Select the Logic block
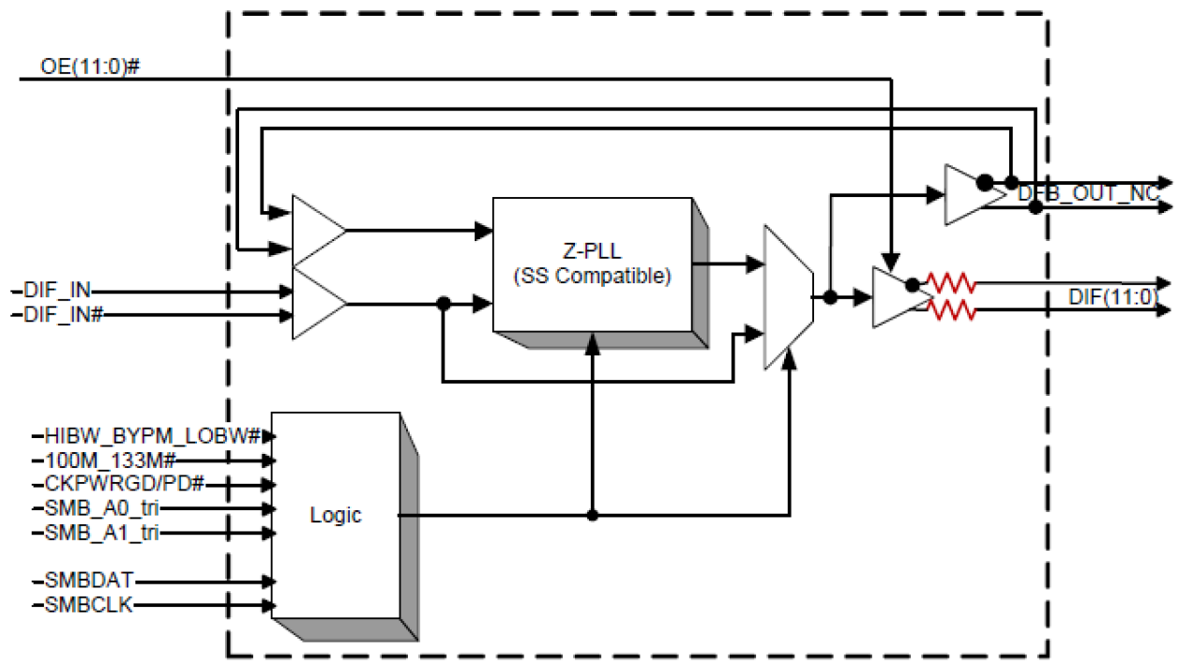[335, 515]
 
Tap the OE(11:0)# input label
[90, 68]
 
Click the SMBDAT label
[86, 582]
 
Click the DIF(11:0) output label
[1112, 297]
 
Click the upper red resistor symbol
[951, 282]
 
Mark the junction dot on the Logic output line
[592, 515]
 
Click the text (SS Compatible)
[592, 278]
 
